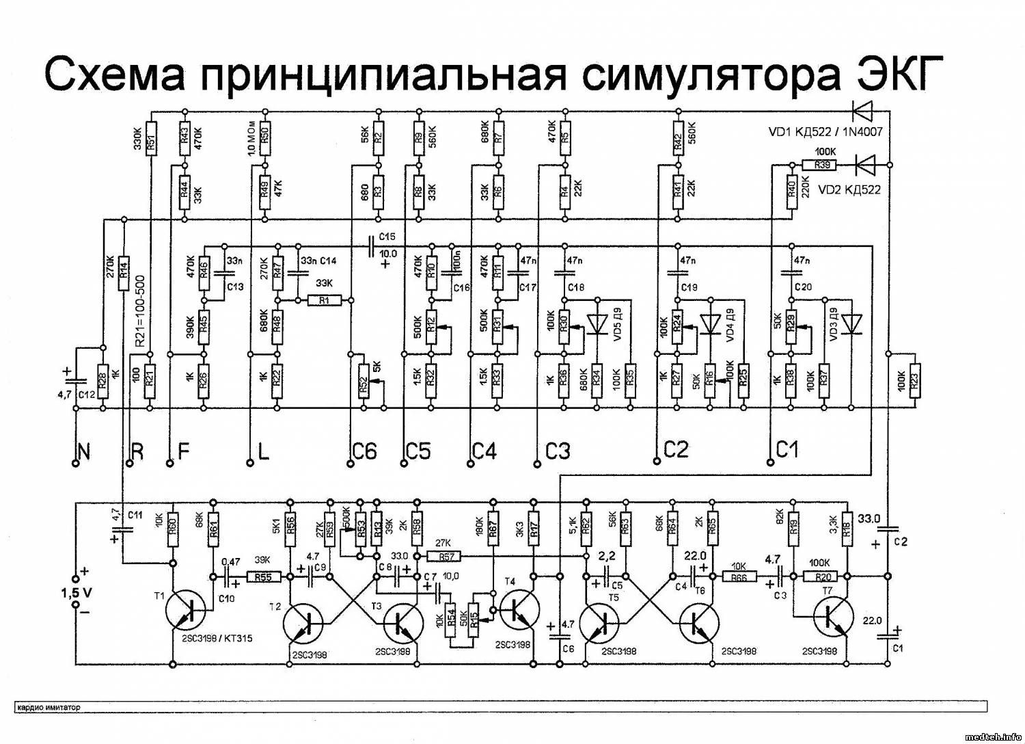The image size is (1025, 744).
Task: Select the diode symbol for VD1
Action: (863, 109)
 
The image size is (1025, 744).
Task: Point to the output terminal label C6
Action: (365, 451)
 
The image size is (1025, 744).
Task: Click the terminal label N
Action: (83, 451)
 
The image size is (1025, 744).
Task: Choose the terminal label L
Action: (263, 451)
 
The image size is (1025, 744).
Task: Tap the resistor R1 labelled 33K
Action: (325, 300)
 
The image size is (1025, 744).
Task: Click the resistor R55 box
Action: (263, 576)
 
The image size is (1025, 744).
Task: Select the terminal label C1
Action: (787, 449)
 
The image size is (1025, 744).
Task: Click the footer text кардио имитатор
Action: (49, 707)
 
